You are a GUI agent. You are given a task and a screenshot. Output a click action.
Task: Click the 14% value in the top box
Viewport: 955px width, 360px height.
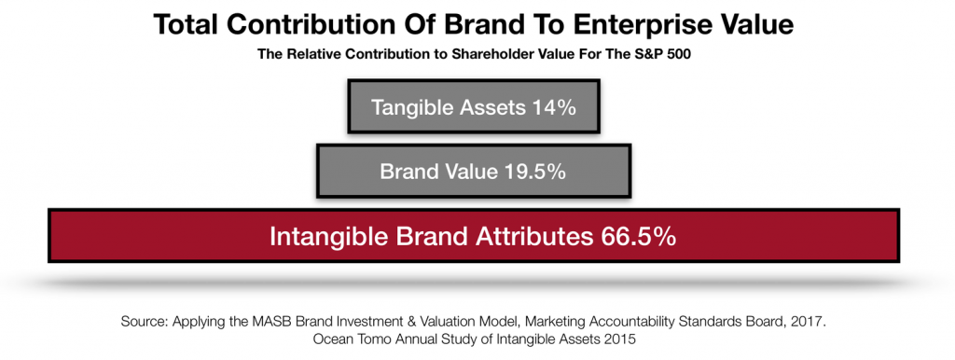[x=551, y=107]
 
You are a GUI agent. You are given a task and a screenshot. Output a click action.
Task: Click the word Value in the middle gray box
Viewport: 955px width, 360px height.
[x=471, y=172]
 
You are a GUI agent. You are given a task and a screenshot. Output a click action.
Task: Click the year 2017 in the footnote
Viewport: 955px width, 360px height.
[x=812, y=321]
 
